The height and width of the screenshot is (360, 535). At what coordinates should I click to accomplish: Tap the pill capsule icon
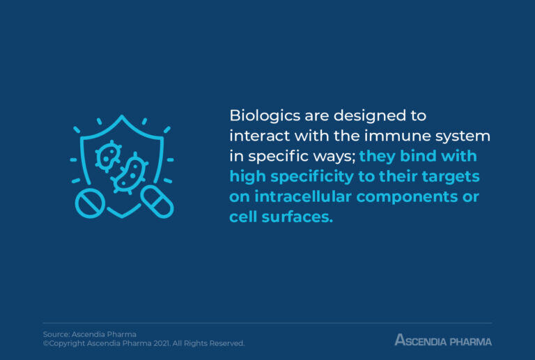pos(157,202)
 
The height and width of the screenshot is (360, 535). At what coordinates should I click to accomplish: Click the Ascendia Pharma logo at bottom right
pos(443,341)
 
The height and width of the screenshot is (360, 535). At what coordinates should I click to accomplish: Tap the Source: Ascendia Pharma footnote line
pos(90,334)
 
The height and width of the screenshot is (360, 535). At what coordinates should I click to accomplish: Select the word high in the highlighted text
pos(246,176)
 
